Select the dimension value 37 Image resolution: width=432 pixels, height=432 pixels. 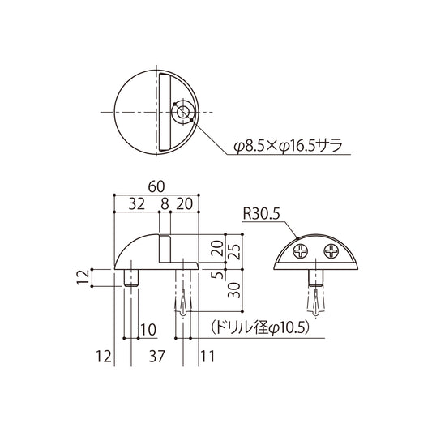click(x=159, y=355)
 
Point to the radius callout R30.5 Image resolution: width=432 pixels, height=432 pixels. click(x=260, y=215)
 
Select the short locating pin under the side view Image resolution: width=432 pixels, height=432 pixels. click(x=130, y=278)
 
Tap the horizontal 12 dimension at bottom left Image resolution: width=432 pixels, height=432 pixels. click(x=102, y=355)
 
